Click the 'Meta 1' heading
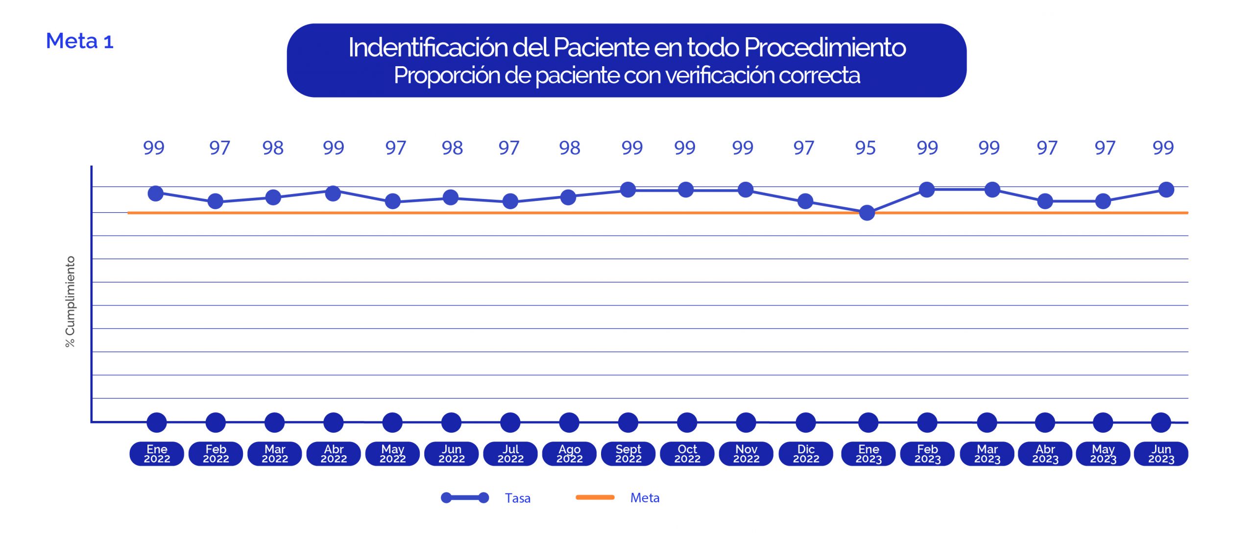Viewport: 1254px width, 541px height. (79, 41)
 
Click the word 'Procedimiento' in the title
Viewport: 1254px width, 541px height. (824, 48)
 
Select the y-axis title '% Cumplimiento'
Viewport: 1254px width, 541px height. (71, 301)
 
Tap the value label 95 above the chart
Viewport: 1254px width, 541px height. (865, 148)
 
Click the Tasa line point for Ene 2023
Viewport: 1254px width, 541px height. (867, 213)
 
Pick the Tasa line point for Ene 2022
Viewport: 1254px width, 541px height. (155, 194)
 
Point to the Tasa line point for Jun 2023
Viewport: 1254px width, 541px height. (1166, 190)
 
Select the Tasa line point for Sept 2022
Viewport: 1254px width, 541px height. (628, 190)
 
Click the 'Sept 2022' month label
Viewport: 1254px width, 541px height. (628, 454)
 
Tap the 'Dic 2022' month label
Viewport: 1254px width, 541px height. (806, 454)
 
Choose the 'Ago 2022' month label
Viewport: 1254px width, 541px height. (569, 454)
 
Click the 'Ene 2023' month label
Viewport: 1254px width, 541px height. (868, 454)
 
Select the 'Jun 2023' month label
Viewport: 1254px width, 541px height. (1161, 454)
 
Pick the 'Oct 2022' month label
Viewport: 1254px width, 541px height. (687, 454)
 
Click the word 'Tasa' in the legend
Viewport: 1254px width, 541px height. (518, 498)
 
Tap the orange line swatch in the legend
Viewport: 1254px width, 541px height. (595, 497)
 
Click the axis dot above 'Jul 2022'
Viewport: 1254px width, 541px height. (510, 422)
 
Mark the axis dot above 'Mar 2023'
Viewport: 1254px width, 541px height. (987, 422)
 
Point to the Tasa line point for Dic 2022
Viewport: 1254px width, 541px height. (805, 201)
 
